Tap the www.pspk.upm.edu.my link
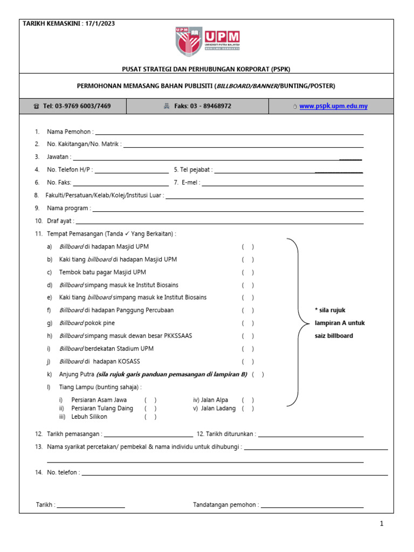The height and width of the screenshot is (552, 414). pos(333,106)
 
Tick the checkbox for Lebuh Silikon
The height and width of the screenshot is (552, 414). pos(150,417)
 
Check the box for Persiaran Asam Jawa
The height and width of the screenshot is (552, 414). pos(150,400)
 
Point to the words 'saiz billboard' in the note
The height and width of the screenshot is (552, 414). pos(334,336)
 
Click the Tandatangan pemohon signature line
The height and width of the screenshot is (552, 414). pos(312,506)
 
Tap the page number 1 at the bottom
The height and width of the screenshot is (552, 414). pos(381,524)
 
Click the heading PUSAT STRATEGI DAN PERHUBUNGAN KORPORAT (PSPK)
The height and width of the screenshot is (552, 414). pos(208,69)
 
